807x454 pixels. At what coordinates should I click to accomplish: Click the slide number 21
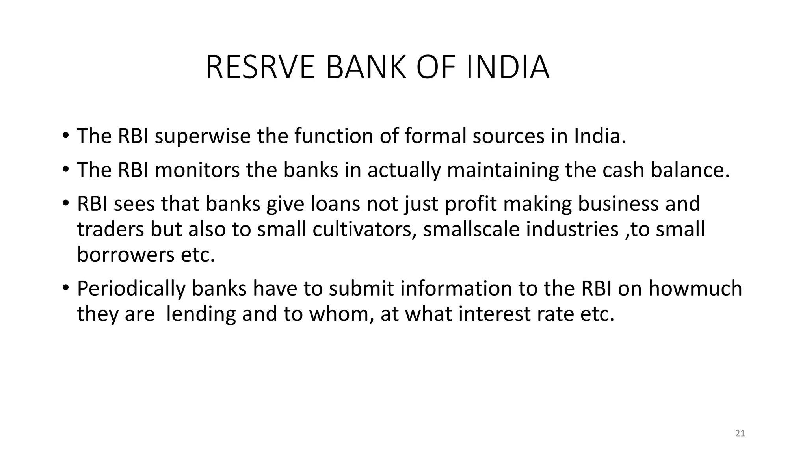pyautogui.click(x=740, y=434)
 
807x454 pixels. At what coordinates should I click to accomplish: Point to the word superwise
pyautogui.click(x=203, y=136)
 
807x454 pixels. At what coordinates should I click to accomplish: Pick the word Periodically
pyautogui.click(x=131, y=288)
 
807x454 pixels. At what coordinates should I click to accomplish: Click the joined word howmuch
pyautogui.click(x=695, y=288)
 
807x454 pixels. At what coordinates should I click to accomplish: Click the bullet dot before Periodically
pyautogui.click(x=65, y=288)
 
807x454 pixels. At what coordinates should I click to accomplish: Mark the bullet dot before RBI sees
pyautogui.click(x=65, y=203)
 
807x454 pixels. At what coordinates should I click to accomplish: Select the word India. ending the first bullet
pyautogui.click(x=600, y=136)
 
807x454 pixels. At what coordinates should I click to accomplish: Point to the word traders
pyautogui.click(x=110, y=229)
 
